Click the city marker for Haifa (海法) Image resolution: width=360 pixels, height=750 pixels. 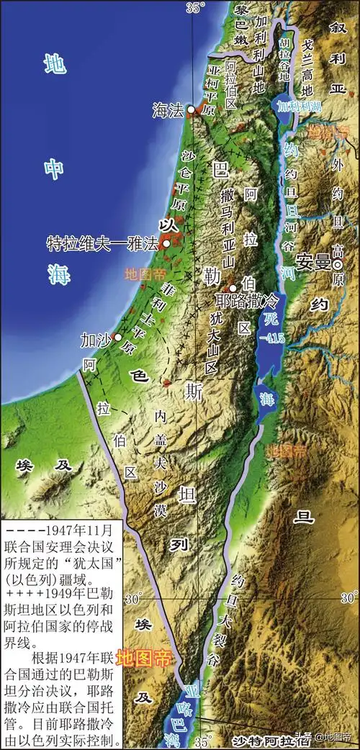(x=191, y=109)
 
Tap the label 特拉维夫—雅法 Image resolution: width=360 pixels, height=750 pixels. (x=102, y=243)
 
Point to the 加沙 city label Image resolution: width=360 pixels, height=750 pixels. (x=96, y=338)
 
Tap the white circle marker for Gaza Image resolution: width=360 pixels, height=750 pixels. (x=117, y=337)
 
